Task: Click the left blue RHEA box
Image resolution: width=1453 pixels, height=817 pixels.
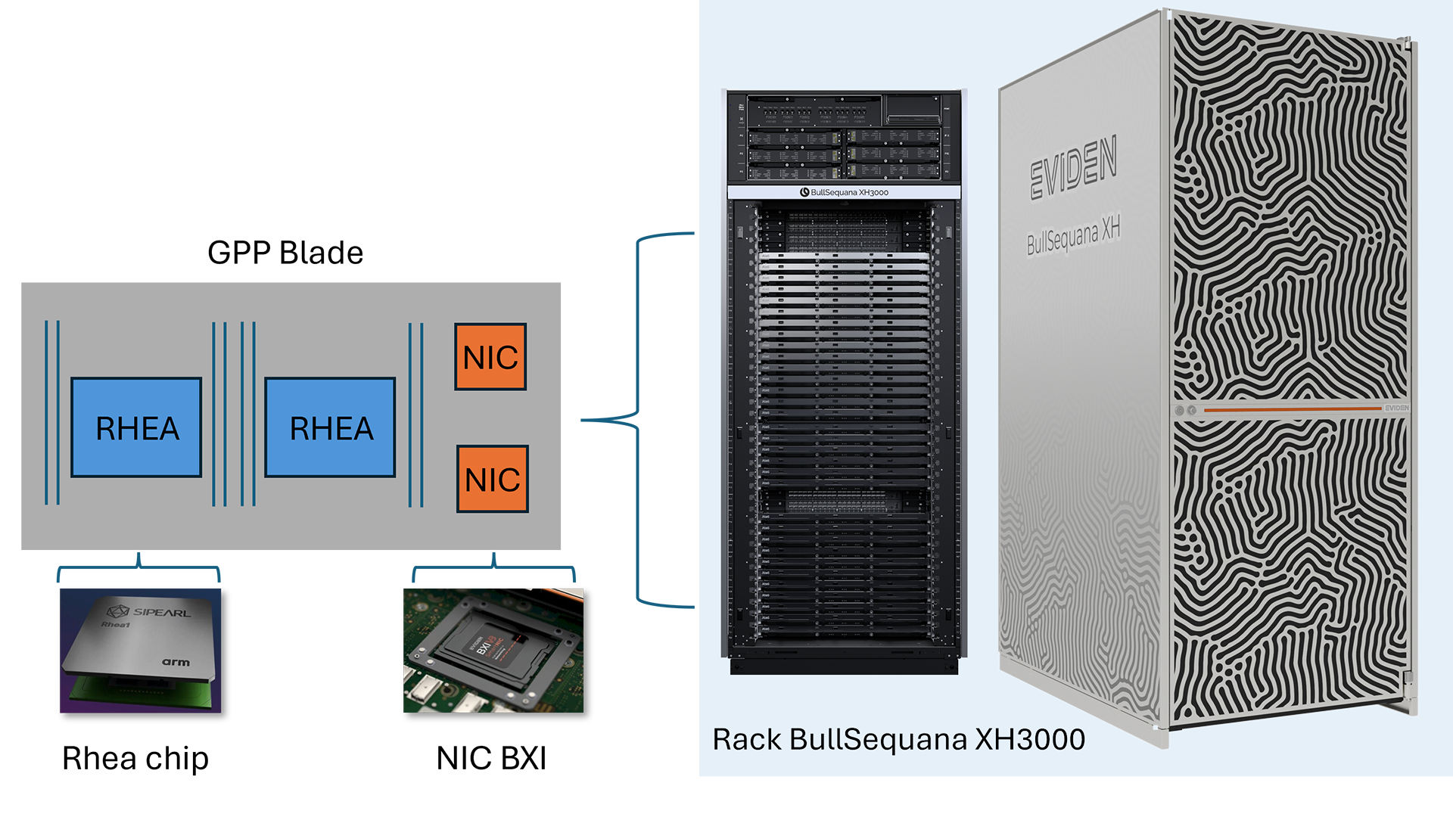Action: tap(136, 427)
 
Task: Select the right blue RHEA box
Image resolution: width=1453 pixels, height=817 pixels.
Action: tap(330, 427)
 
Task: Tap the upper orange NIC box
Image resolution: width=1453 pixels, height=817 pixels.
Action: tap(490, 357)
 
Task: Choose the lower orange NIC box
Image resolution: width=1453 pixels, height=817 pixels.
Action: tap(493, 480)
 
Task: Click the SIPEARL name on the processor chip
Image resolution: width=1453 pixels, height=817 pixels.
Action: tap(161, 612)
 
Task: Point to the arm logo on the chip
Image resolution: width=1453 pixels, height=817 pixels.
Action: tap(176, 662)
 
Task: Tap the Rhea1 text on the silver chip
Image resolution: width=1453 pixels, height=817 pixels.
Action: tap(116, 625)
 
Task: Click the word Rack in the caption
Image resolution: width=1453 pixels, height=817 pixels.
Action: tap(746, 740)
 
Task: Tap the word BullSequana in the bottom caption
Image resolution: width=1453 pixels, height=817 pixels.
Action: tap(878, 740)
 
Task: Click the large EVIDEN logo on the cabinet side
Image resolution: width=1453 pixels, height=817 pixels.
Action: tap(1073, 169)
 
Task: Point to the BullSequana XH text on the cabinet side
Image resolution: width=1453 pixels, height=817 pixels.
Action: tap(1073, 235)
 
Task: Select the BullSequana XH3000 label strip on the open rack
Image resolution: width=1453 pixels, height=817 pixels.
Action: tap(844, 192)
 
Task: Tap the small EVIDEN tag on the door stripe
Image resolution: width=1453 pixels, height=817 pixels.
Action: tap(1396, 408)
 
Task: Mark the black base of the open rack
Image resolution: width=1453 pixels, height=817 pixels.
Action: tap(844, 666)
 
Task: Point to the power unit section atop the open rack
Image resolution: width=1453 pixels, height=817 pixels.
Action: tap(844, 136)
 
